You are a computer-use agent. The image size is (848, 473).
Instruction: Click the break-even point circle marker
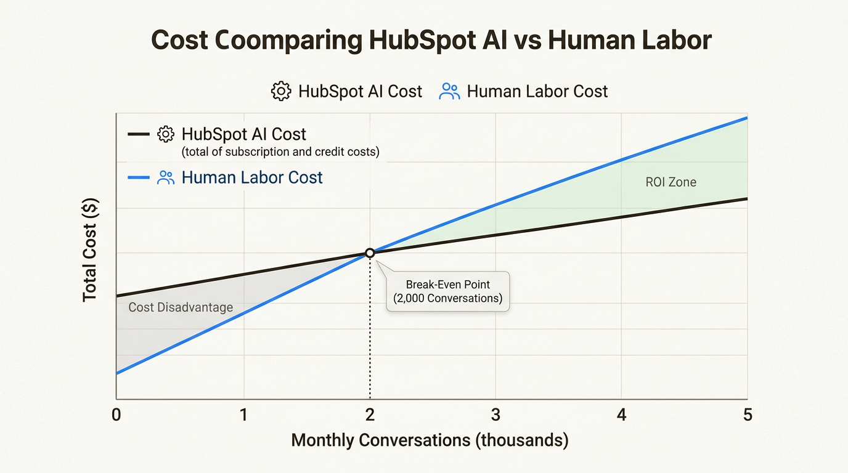pos(370,253)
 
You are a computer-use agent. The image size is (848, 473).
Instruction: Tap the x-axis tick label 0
pos(116,414)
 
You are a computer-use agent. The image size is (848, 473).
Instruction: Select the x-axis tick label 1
pos(244,414)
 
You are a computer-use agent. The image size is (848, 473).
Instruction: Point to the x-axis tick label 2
pos(370,414)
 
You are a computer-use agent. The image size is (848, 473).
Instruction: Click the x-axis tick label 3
pos(495,414)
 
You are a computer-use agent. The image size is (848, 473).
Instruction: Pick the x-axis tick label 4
pos(622,414)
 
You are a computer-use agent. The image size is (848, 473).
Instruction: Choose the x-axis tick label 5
pos(748,414)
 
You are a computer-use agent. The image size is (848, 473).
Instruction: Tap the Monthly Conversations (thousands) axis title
pos(430,440)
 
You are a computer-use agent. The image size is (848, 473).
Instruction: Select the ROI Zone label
pos(671,182)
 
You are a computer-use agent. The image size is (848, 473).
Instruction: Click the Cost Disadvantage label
pos(181,307)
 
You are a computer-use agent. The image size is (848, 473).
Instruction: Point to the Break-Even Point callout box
pos(448,291)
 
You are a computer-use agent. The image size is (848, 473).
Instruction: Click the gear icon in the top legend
pos(281,92)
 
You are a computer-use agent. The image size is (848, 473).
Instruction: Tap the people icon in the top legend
pos(449,92)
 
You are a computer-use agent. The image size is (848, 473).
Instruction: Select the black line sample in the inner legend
pos(139,134)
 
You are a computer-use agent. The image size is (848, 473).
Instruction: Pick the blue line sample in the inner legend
pos(139,178)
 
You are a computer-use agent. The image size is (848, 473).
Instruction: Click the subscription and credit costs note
pos(280,152)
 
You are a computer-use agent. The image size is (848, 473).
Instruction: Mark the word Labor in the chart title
pos(677,41)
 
